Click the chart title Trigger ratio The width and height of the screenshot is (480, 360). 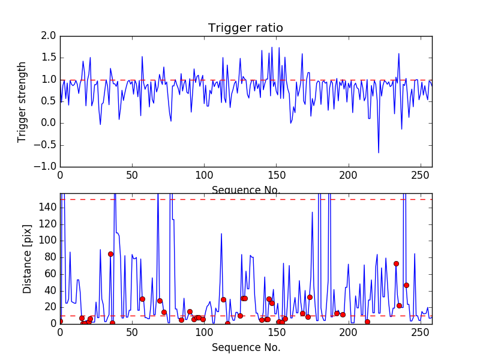point(245,28)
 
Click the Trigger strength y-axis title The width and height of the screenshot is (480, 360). point(22,101)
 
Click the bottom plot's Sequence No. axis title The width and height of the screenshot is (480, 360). point(246,347)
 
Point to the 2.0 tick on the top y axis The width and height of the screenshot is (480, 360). point(49,37)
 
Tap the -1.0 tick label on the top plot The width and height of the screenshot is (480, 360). point(47,166)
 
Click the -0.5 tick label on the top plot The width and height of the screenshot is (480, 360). point(47,145)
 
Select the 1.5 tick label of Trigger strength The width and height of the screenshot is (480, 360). point(49,58)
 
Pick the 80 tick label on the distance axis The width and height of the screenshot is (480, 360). point(50,257)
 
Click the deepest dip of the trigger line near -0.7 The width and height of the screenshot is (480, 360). point(379,152)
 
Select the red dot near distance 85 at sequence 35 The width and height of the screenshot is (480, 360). point(110,254)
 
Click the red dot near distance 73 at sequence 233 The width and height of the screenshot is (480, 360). point(396,263)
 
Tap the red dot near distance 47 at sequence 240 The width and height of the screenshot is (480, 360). point(406,285)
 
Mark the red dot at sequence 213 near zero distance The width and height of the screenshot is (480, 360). point(367,322)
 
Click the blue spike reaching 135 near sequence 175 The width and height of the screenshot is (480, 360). point(312,212)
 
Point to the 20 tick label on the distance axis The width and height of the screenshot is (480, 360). point(50,307)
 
